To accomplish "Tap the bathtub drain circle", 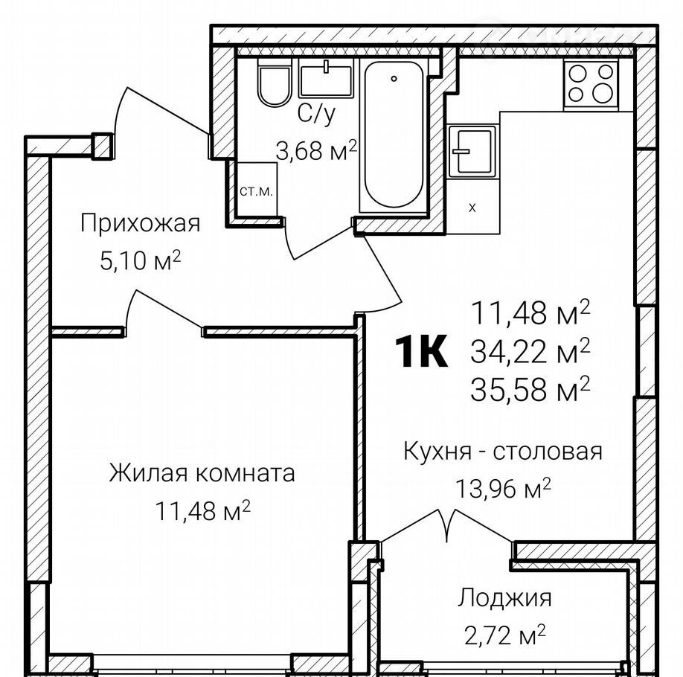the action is point(394,78).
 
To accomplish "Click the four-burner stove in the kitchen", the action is point(591,85).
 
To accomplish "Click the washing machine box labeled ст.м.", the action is point(257,190).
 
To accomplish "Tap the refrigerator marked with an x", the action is point(472,208).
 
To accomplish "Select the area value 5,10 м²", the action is point(141,260).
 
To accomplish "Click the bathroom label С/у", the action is point(317,115).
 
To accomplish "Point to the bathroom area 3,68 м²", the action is point(316,150).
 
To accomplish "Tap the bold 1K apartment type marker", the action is point(421,351).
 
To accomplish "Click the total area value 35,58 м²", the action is point(530,388).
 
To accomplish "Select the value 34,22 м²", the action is point(530,350).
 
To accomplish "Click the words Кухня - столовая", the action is point(503,452).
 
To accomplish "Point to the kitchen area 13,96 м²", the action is point(503,488).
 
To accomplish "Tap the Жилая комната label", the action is point(202,473).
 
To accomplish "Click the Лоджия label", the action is point(504,599).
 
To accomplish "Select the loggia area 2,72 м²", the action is point(504,635).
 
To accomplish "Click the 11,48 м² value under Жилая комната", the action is point(202,510).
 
